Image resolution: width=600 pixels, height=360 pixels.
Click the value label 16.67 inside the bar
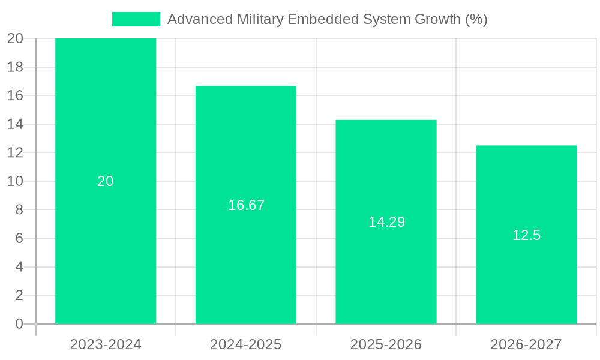pyautogui.click(x=246, y=205)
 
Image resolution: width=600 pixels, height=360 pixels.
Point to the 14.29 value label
pyautogui.click(x=386, y=222)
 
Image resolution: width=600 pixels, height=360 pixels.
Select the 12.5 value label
pyautogui.click(x=526, y=235)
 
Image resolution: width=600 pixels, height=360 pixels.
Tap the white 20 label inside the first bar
pyautogui.click(x=106, y=181)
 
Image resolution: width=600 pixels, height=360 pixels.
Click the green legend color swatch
pyautogui.click(x=136, y=19)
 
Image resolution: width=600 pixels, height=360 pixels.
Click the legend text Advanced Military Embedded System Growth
pyautogui.click(x=327, y=19)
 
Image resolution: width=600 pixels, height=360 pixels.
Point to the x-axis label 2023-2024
pyautogui.click(x=106, y=344)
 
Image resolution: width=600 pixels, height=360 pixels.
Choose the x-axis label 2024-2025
pyautogui.click(x=246, y=344)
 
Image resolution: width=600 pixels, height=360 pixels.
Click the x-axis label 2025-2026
pyautogui.click(x=386, y=344)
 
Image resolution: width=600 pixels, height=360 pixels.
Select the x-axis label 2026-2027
pyautogui.click(x=526, y=344)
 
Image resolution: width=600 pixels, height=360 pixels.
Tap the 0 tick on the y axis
pyautogui.click(x=19, y=324)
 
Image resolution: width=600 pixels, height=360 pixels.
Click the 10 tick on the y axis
pyautogui.click(x=15, y=181)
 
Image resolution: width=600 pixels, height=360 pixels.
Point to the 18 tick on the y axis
pyautogui.click(x=15, y=67)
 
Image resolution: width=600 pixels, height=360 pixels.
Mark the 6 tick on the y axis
pyautogui.click(x=19, y=238)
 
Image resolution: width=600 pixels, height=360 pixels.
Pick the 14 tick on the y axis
pyautogui.click(x=15, y=124)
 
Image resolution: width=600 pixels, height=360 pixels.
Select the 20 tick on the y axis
pyautogui.click(x=15, y=38)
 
